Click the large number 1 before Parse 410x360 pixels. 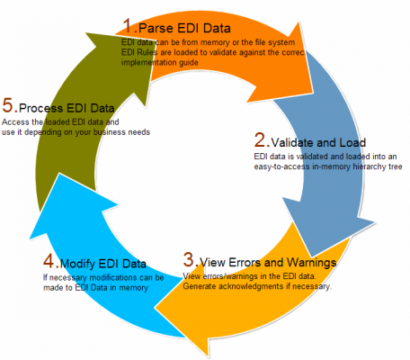pyautogui.click(x=128, y=25)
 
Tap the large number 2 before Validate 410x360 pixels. pyautogui.click(x=261, y=139)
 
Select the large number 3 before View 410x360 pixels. pyautogui.click(x=189, y=259)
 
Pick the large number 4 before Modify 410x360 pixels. pyautogui.click(x=49, y=261)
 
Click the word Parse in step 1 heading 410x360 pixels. pyautogui.click(x=156, y=28)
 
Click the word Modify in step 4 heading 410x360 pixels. pyautogui.click(x=77, y=264)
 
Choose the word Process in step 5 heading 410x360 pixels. pyautogui.click(x=41, y=108)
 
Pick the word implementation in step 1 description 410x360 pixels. pyautogui.click(x=147, y=62)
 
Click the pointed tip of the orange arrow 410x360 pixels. pyautogui.click(x=314, y=93)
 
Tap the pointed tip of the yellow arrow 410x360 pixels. pyautogui.click(x=155, y=308)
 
